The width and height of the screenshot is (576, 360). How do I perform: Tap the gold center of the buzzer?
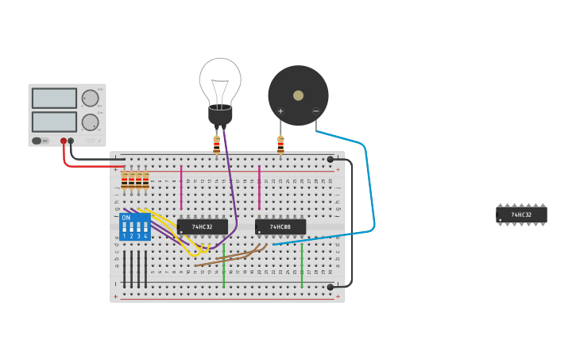click(298, 95)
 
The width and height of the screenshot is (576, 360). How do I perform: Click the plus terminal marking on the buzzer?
click(280, 111)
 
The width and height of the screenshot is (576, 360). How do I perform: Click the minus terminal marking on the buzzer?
click(315, 111)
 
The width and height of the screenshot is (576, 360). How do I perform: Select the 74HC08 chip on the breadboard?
click(280, 227)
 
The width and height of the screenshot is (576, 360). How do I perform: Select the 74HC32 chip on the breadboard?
click(203, 227)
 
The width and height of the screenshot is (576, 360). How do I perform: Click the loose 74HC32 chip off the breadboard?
click(521, 215)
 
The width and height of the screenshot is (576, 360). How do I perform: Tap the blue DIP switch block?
click(134, 226)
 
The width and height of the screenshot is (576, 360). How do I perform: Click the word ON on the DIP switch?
click(126, 217)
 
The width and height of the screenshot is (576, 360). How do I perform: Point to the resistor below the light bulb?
click(216, 145)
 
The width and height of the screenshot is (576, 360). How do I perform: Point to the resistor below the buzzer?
click(280, 145)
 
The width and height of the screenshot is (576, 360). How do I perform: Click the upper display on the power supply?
click(54, 99)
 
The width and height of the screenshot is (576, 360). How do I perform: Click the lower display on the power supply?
click(54, 122)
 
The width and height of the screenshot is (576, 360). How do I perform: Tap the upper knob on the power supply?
click(90, 99)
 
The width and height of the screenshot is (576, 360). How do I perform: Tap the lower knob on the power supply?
click(90, 122)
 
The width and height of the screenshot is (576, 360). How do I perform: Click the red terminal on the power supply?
click(64, 141)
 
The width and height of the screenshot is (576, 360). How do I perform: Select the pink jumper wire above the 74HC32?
click(181, 187)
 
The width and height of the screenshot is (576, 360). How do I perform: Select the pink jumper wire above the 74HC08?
click(259, 187)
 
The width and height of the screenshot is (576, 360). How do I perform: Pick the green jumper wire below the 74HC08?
click(302, 265)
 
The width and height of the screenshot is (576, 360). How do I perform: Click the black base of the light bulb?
click(220, 115)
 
